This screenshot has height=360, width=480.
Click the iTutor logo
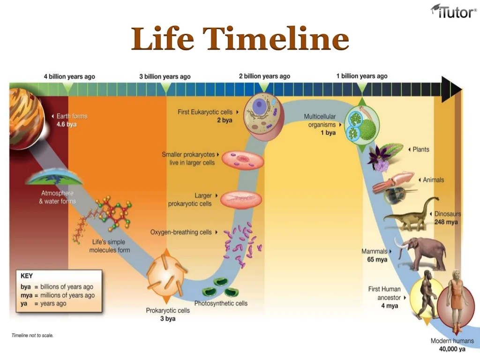point(453,11)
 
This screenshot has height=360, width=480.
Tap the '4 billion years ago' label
point(69,76)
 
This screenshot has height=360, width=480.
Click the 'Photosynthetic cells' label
point(221,303)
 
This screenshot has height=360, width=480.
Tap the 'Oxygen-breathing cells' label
point(180,232)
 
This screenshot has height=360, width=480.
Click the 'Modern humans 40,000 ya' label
point(452,345)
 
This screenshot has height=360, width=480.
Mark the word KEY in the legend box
point(27,276)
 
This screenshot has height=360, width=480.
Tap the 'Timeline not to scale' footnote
point(32,336)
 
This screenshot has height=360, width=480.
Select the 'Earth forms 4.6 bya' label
point(70,120)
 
